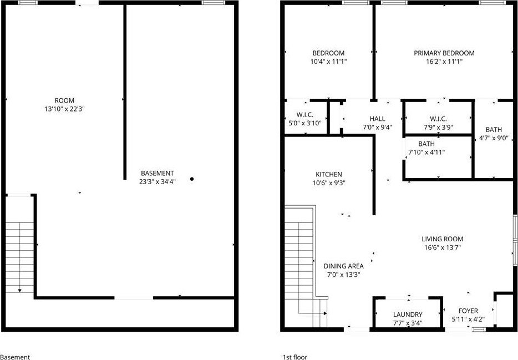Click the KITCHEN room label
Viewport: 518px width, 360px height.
(329, 174)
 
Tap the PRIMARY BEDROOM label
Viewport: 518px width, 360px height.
(444, 53)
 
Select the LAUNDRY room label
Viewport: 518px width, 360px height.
(408, 315)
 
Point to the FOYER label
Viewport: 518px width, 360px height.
(468, 311)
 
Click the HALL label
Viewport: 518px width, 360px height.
(377, 119)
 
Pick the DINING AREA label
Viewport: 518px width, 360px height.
(343, 266)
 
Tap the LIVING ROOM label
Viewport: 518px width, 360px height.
(443, 239)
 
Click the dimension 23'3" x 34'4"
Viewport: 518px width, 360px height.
(158, 181)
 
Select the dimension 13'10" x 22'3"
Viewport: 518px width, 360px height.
(65, 109)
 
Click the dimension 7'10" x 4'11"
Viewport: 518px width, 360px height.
(426, 152)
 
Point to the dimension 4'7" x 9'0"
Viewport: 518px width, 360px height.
(494, 138)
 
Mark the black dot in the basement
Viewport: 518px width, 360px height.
(192, 179)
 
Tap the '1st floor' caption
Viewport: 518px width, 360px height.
(295, 357)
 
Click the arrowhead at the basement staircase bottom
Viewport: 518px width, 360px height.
(20, 291)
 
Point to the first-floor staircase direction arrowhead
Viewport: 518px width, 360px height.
(326, 313)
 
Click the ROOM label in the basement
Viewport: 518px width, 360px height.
(64, 100)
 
